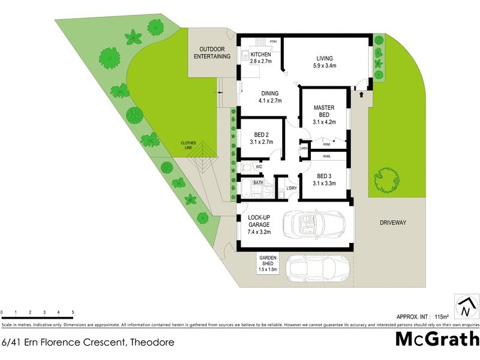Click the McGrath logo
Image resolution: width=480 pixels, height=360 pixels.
click(437, 339)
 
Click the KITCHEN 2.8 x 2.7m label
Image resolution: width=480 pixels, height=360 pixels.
click(260, 58)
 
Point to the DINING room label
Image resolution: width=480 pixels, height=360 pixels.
click(269, 97)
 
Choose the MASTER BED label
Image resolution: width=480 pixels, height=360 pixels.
click(324, 115)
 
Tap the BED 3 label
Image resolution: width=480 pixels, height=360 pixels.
click(324, 180)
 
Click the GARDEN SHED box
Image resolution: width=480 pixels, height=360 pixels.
click(268, 263)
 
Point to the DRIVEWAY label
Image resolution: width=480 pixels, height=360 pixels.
click(393, 223)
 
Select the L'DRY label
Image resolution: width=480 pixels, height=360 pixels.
click(292, 188)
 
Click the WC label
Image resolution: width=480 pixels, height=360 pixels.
click(259, 167)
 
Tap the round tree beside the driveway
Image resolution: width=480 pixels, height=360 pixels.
click(387, 178)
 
